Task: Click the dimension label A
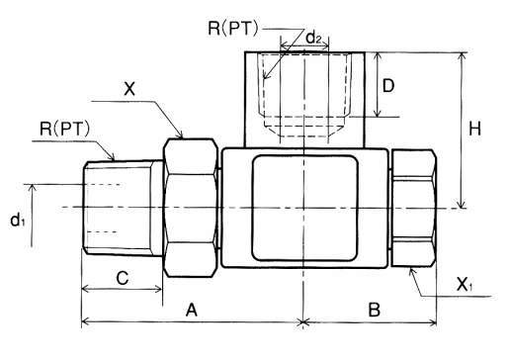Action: tap(192, 311)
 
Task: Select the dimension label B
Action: tap(375, 310)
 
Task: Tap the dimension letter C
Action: tap(123, 278)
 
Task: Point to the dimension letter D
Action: tap(388, 86)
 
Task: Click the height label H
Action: tap(474, 129)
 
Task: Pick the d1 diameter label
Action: tap(18, 220)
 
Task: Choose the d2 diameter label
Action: tap(313, 38)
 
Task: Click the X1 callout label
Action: tap(465, 284)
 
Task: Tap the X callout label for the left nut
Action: tap(129, 89)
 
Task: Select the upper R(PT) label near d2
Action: tap(233, 29)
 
